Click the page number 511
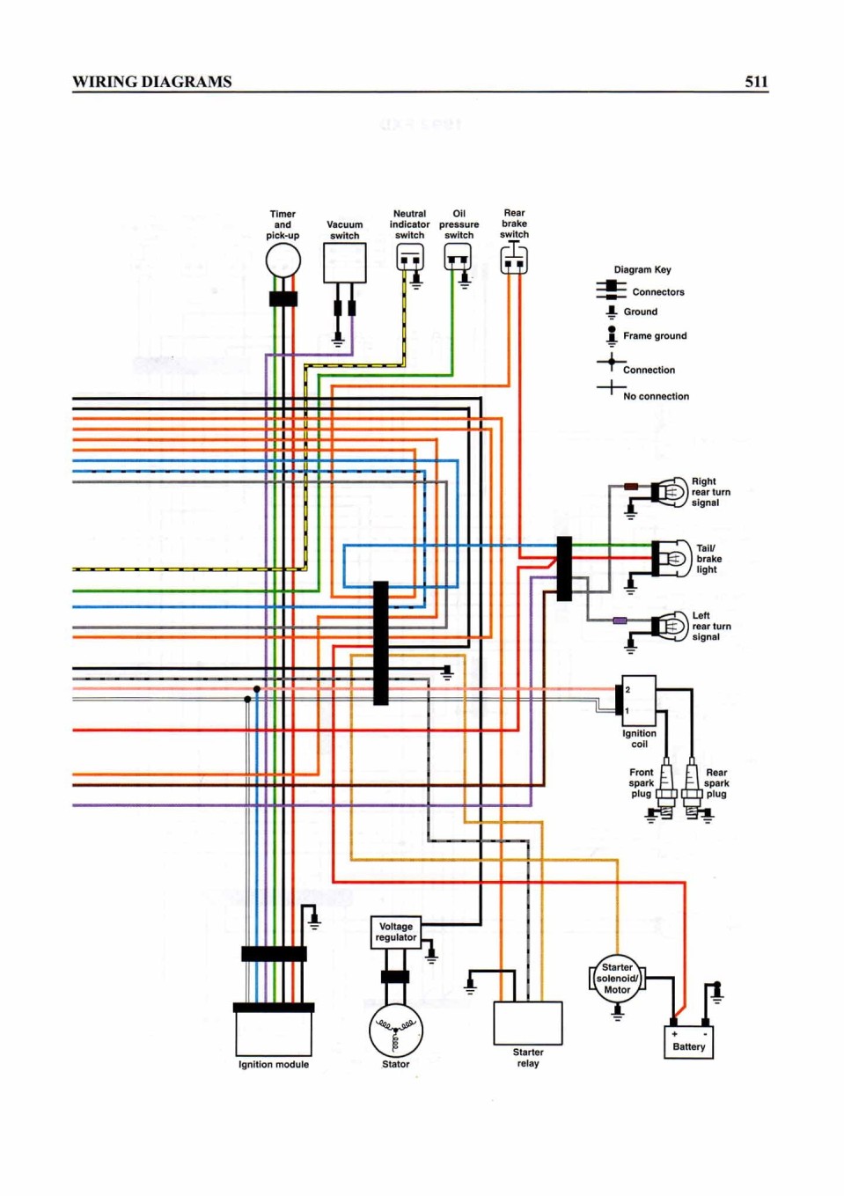[756, 82]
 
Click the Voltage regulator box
[395, 932]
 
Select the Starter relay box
[527, 1023]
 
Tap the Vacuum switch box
[344, 262]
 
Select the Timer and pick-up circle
[283, 260]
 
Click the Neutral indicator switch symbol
[409, 257]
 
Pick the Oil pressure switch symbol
[458, 257]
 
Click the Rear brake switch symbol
[514, 260]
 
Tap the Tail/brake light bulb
[671, 559]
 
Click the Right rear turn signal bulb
[670, 492]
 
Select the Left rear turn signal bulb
[670, 627]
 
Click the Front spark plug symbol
[665, 788]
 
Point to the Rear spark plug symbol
[692, 788]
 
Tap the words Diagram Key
[642, 269]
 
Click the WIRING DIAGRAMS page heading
[152, 82]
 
